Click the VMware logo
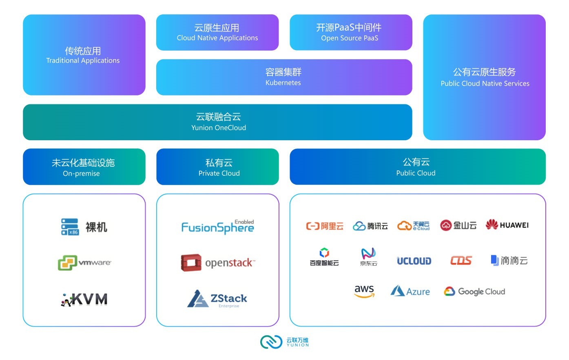(x=84, y=263)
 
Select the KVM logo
(x=84, y=299)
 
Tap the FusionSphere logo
(x=217, y=227)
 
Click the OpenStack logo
(x=218, y=263)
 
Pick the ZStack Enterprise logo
(x=217, y=299)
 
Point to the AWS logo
(x=364, y=291)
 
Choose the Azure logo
(x=410, y=291)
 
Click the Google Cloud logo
(x=474, y=292)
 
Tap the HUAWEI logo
(x=507, y=225)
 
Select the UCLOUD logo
(x=414, y=261)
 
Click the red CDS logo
(x=461, y=261)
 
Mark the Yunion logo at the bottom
(x=285, y=342)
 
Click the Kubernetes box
(x=284, y=77)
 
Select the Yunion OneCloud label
(x=219, y=128)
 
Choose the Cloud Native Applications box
(x=217, y=33)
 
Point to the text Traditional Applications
(x=83, y=60)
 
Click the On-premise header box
(x=84, y=167)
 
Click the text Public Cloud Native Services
(x=485, y=84)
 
